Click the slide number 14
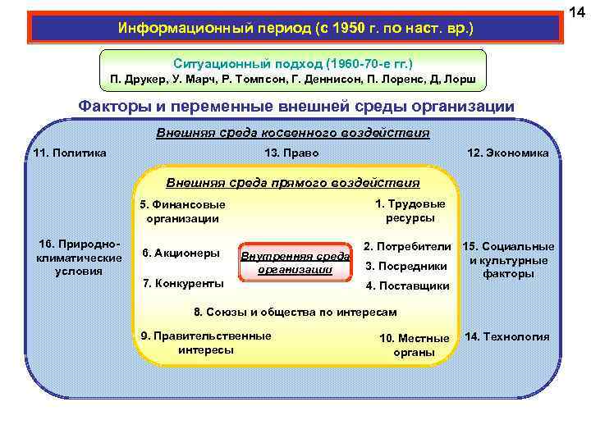[x=578, y=11]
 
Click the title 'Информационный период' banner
[x=295, y=28]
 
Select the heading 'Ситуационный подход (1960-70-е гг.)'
[x=293, y=63]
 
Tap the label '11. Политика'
[x=71, y=153]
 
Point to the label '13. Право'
[x=292, y=153]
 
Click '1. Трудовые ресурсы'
[x=410, y=211]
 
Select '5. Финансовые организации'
[x=182, y=212]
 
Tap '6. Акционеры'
[x=181, y=253]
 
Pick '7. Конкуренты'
[x=183, y=283]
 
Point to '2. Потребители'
[x=408, y=246]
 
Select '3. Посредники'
[x=405, y=266]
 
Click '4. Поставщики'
[x=407, y=285]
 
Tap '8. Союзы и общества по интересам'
[x=295, y=312]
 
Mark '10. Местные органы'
[x=415, y=345]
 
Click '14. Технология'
[x=507, y=337]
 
